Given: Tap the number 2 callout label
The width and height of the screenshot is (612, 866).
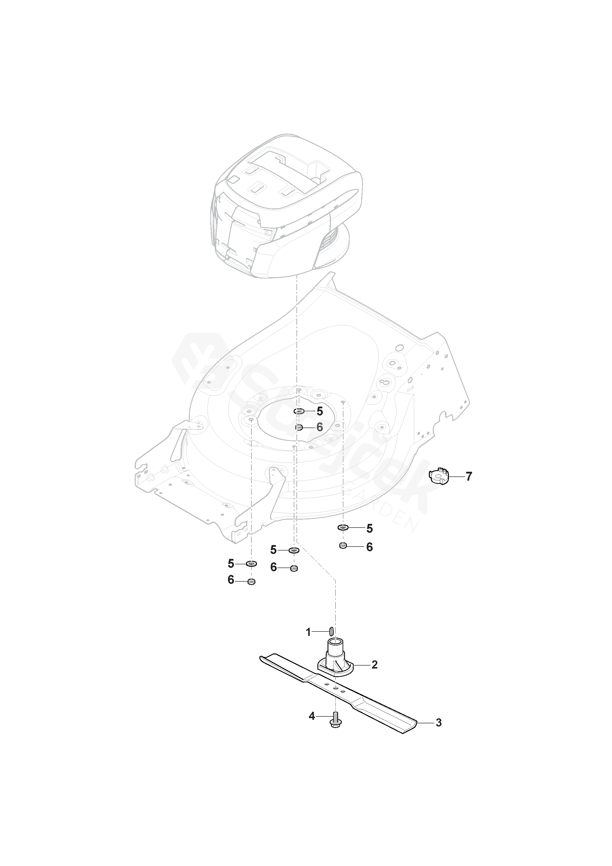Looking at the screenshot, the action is (374, 664).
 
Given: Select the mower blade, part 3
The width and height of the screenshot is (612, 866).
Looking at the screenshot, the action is (377, 702).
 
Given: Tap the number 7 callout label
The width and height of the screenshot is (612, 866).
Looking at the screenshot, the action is (469, 477).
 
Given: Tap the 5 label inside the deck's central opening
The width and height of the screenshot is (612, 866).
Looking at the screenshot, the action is (320, 411).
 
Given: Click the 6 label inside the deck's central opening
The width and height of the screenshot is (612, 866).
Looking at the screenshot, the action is (320, 427).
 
